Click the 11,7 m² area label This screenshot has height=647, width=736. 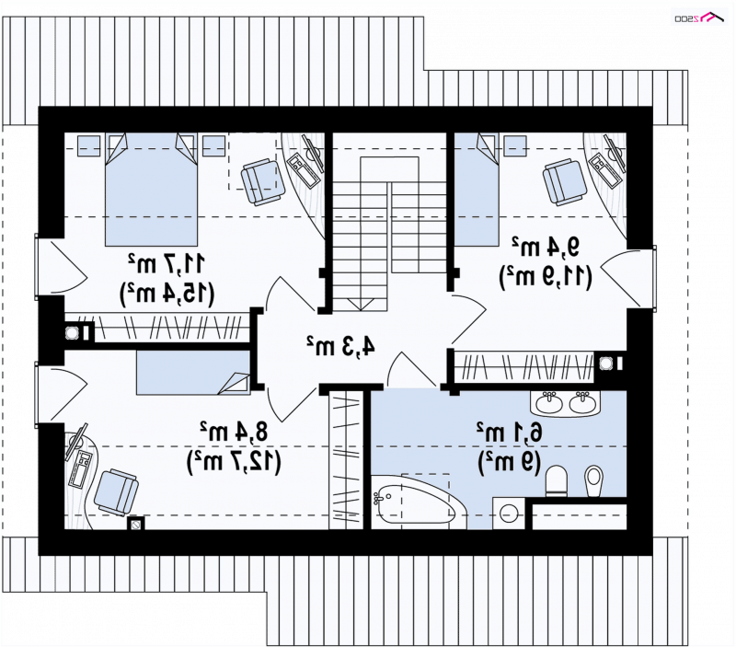(x=167, y=264)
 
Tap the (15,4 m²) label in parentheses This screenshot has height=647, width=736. (x=167, y=295)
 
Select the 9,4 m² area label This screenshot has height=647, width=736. (x=546, y=247)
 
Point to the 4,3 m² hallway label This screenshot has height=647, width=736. (x=340, y=346)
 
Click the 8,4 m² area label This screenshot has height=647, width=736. (x=234, y=432)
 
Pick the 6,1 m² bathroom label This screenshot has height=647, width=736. (x=510, y=432)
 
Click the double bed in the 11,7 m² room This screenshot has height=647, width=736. (x=151, y=190)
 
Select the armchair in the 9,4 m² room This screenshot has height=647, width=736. (x=565, y=181)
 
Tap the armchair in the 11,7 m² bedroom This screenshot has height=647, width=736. (x=263, y=181)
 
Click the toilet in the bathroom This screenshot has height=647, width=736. (x=557, y=480)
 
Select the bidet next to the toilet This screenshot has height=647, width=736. (x=594, y=480)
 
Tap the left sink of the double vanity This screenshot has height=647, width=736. (x=549, y=404)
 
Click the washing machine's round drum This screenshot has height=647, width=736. (x=509, y=514)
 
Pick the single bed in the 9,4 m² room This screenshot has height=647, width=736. (x=477, y=190)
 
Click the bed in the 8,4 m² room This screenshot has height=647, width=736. (x=193, y=374)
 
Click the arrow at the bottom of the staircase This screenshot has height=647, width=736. (x=361, y=305)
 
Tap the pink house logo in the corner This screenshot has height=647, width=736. (x=714, y=17)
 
